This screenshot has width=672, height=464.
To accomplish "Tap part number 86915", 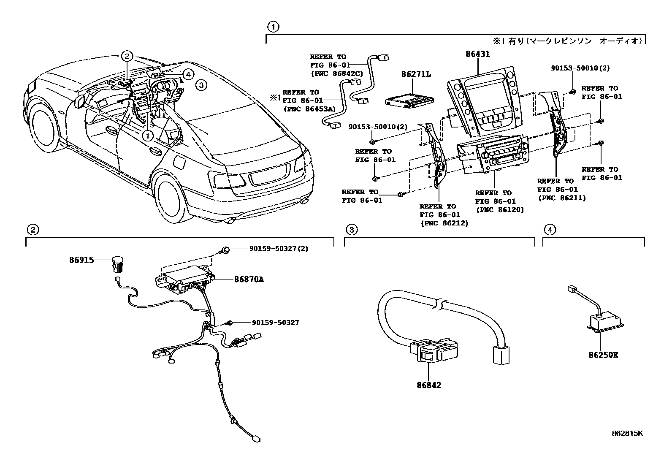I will click(81, 260).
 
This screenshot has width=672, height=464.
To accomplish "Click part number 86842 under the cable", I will click(428, 385).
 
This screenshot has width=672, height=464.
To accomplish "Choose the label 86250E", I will click(603, 355).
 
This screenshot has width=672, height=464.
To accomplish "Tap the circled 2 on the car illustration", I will click(127, 56).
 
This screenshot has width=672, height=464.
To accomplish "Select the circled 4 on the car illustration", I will click(187, 75).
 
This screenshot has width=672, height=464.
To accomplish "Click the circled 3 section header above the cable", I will click(352, 230).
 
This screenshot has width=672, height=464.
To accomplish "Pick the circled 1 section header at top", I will click(273, 27).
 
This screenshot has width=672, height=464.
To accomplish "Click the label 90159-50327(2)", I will click(279, 249).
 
